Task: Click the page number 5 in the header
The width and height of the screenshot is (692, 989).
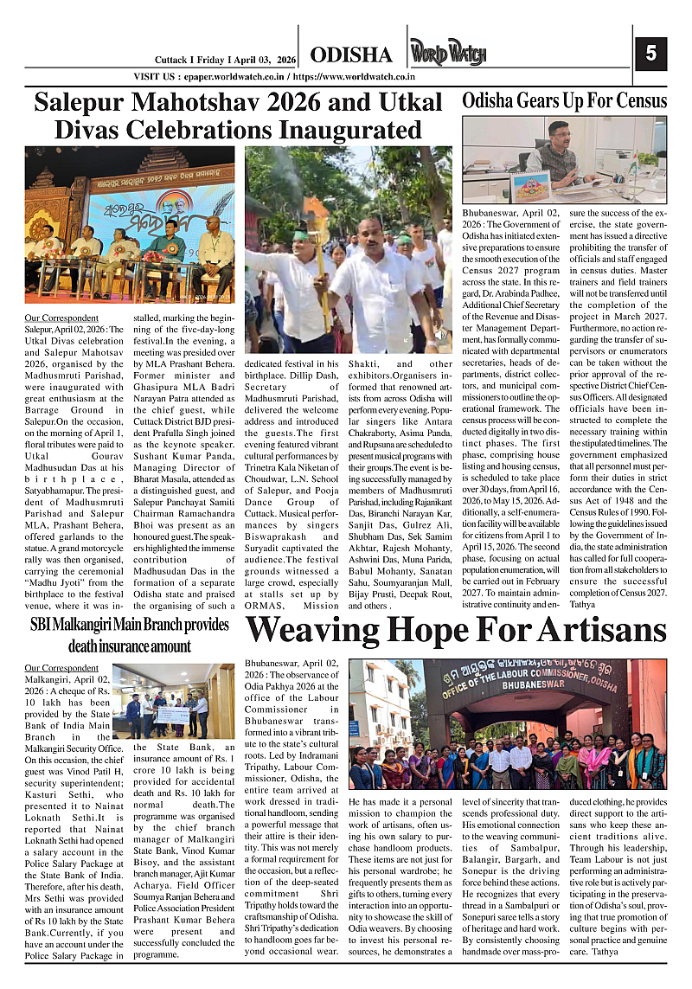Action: point(650,54)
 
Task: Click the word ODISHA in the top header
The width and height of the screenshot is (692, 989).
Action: point(350,55)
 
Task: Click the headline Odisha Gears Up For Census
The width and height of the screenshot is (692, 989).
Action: point(564,100)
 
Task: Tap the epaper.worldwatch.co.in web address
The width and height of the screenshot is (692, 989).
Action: point(235,77)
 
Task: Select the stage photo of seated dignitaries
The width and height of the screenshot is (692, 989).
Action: point(129,226)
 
